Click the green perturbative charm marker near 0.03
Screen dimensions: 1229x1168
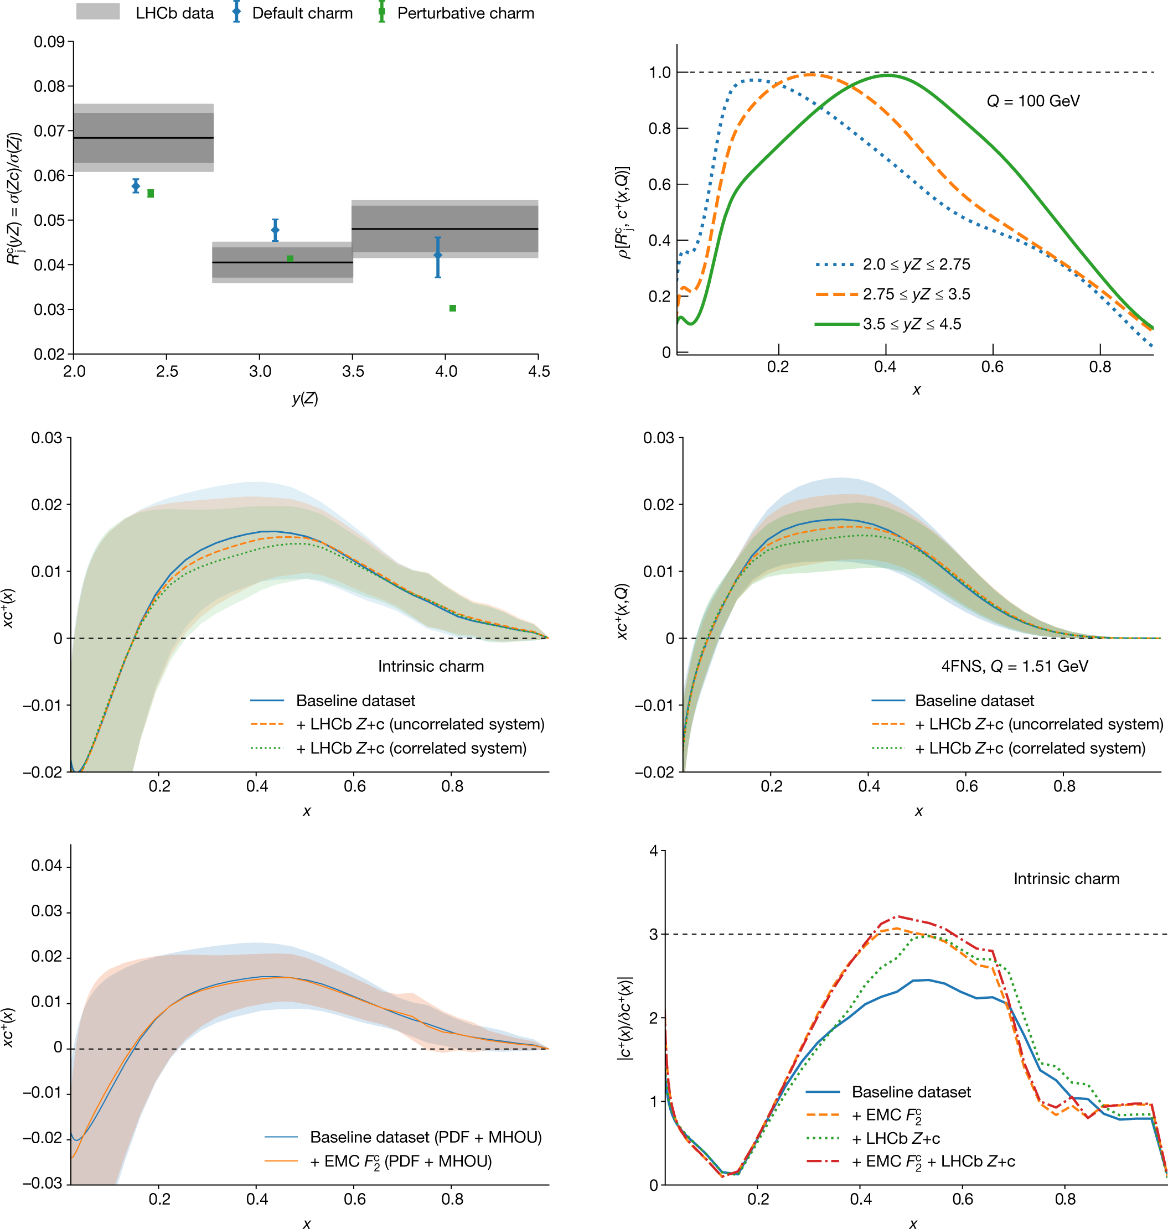[x=453, y=308]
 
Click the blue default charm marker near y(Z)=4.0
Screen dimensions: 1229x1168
[x=438, y=255]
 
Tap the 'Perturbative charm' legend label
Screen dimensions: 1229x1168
[x=465, y=13]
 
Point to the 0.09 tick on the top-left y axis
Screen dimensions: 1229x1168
[x=49, y=42]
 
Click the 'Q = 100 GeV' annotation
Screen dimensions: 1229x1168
[x=1033, y=101]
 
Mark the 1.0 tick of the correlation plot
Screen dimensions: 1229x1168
[x=659, y=72]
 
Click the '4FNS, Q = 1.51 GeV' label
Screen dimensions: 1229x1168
[x=1014, y=666]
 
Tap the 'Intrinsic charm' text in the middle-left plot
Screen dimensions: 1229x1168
[x=430, y=666]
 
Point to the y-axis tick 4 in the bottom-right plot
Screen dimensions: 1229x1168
[x=654, y=851]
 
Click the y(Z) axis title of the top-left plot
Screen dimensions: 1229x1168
[x=305, y=398]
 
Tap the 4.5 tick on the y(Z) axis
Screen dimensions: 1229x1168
[x=539, y=371]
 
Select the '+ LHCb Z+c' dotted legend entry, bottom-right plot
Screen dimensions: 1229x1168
[x=895, y=1138]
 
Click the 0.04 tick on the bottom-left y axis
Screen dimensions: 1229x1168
[x=46, y=865]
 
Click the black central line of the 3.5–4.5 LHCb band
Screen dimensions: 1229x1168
[x=445, y=229]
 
